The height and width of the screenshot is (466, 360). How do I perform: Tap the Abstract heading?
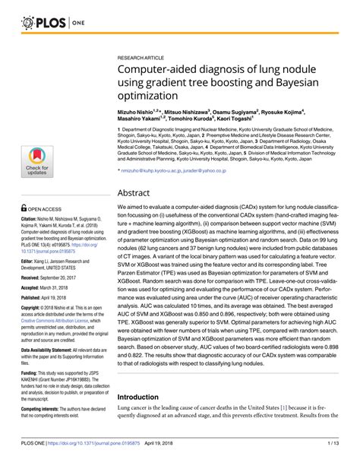[x=137, y=193]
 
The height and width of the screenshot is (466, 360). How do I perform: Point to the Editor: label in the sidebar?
[x=20, y=261]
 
